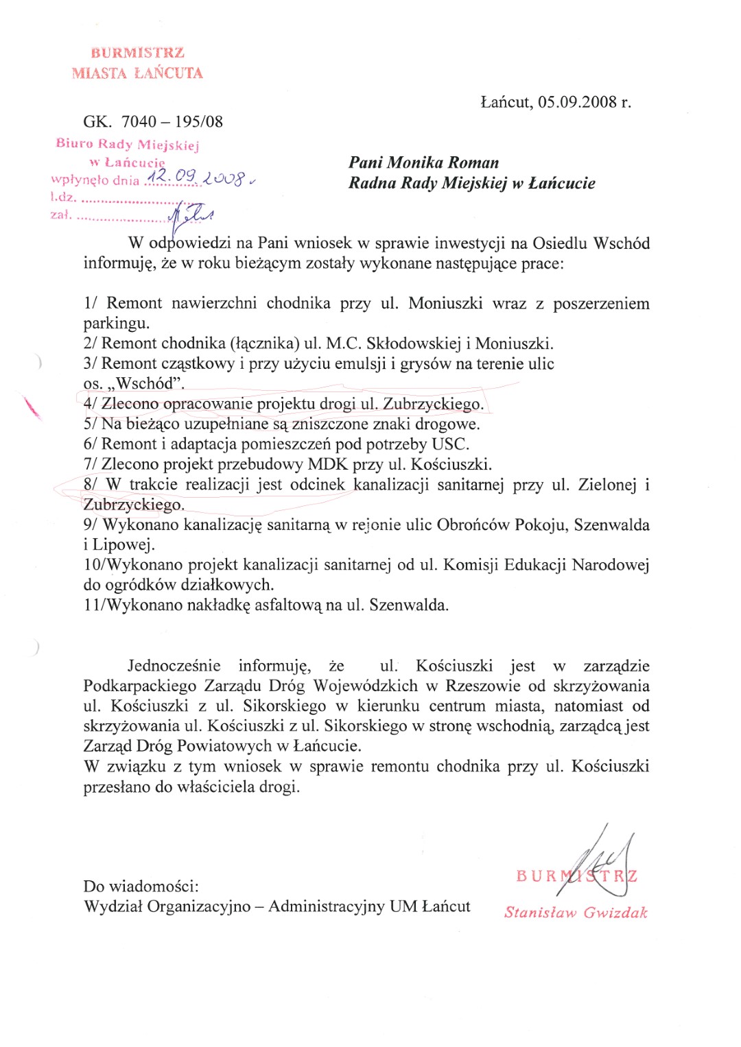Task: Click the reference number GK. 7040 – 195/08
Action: point(153,122)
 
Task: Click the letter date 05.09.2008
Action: point(577,102)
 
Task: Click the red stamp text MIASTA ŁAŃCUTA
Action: point(137,73)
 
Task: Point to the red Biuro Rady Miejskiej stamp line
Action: point(128,144)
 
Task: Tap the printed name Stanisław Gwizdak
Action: point(576,913)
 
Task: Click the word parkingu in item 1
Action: point(116,323)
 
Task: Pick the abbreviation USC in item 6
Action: point(449,444)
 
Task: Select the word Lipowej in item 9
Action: point(123,545)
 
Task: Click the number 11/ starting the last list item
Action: point(92,605)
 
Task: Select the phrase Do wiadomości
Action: point(141,887)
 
